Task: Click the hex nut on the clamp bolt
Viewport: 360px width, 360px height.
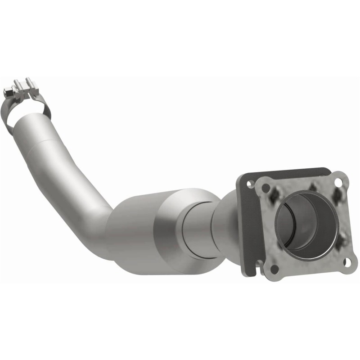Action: pyautogui.click(x=8, y=93)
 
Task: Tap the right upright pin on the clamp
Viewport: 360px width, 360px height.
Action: pyautogui.click(x=30, y=82)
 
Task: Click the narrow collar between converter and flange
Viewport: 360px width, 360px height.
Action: pyautogui.click(x=198, y=225)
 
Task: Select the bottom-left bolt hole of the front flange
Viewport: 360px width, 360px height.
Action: pyautogui.click(x=274, y=269)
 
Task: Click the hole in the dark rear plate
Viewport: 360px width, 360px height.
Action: pyautogui.click(x=247, y=184)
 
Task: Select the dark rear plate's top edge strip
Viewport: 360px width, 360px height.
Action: pyautogui.click(x=288, y=173)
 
